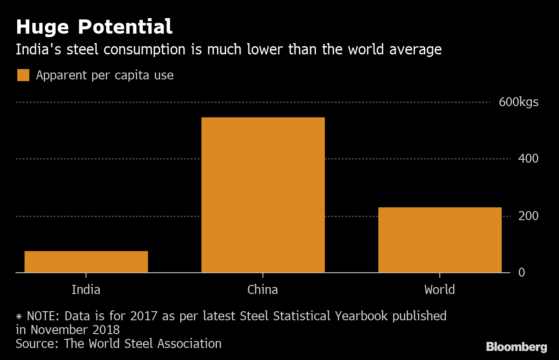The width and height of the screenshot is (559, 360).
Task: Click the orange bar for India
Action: click(86, 262)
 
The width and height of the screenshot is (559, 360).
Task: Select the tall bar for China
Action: click(263, 195)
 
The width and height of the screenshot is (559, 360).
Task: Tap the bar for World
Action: click(440, 240)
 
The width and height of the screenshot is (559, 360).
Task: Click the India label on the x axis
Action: click(86, 289)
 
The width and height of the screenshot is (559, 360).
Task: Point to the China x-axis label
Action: click(263, 289)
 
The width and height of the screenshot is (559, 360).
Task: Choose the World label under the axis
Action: click(440, 289)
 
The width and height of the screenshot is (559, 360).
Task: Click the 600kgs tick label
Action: click(518, 102)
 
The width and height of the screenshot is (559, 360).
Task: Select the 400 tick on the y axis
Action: click(528, 159)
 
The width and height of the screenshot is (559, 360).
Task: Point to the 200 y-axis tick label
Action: click(528, 216)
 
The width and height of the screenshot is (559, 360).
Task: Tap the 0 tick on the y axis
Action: click(521, 273)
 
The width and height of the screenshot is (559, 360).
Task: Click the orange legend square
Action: click(23, 75)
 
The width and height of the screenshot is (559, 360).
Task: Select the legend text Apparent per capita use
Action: click(105, 76)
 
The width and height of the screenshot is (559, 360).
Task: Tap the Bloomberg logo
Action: click(516, 347)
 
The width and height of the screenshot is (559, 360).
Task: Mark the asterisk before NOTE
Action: click(19, 316)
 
